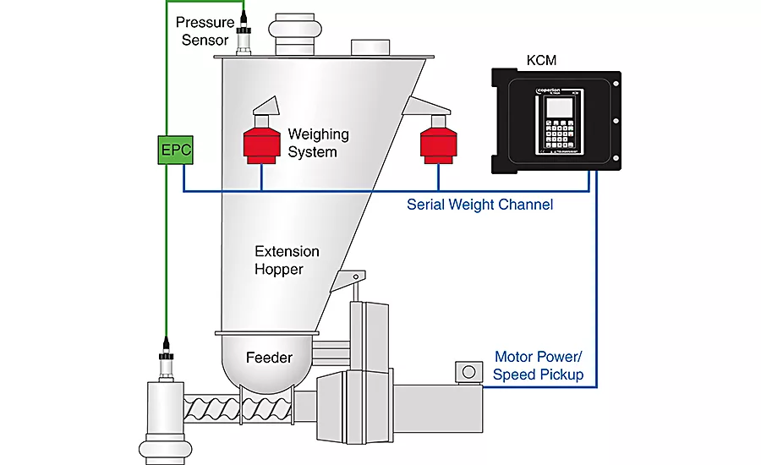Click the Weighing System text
click(x=318, y=143)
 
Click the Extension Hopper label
click(x=287, y=260)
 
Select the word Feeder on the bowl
click(x=269, y=358)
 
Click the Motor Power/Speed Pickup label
click(x=539, y=365)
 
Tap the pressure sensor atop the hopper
click(x=245, y=38)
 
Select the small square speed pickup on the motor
click(x=466, y=372)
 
